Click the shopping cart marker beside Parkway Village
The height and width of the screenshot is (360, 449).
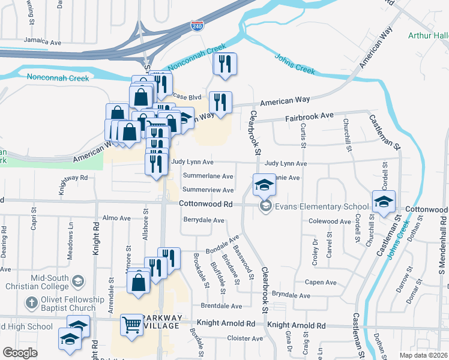pyautogui.click(x=132, y=325)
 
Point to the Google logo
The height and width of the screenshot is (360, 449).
pyautogui.click(x=20, y=353)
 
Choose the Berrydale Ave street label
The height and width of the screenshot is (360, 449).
pyautogui.click(x=203, y=220)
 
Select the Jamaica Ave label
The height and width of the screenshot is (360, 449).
pyautogui.click(x=43, y=43)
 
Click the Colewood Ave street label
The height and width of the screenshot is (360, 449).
pyautogui.click(x=330, y=221)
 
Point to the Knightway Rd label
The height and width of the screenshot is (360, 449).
pyautogui.click(x=73, y=178)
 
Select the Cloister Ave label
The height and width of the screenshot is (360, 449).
pyautogui.click(x=245, y=338)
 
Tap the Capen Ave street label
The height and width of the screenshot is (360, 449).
pyautogui.click(x=321, y=282)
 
